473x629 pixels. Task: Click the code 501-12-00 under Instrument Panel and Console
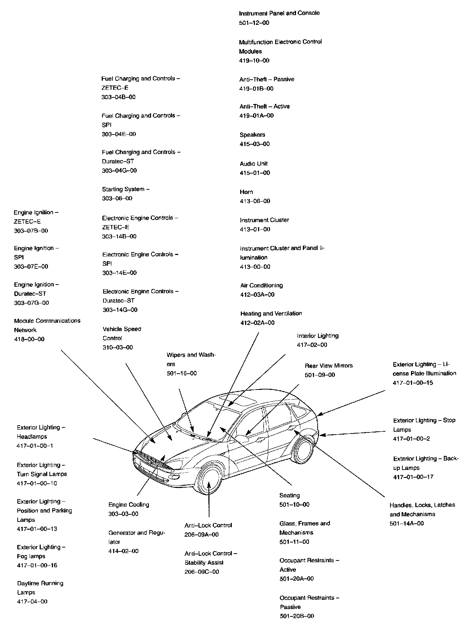tap(254, 23)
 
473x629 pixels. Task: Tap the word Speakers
tap(252, 135)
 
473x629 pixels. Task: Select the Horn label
tap(246, 192)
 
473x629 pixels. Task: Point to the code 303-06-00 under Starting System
tap(117, 198)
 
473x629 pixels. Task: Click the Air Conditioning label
tap(261, 285)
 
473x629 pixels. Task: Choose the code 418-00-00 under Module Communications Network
tap(29, 339)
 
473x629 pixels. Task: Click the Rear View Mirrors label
tap(328, 366)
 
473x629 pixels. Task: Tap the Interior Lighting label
tap(318, 336)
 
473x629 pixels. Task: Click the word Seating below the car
tap(289, 496)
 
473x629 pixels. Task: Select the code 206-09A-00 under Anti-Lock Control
tap(201, 535)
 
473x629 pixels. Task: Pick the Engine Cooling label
tap(128, 505)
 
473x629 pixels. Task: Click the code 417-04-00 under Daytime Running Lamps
tap(32, 602)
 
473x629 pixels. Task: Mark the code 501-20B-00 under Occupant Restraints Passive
tap(297, 616)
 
